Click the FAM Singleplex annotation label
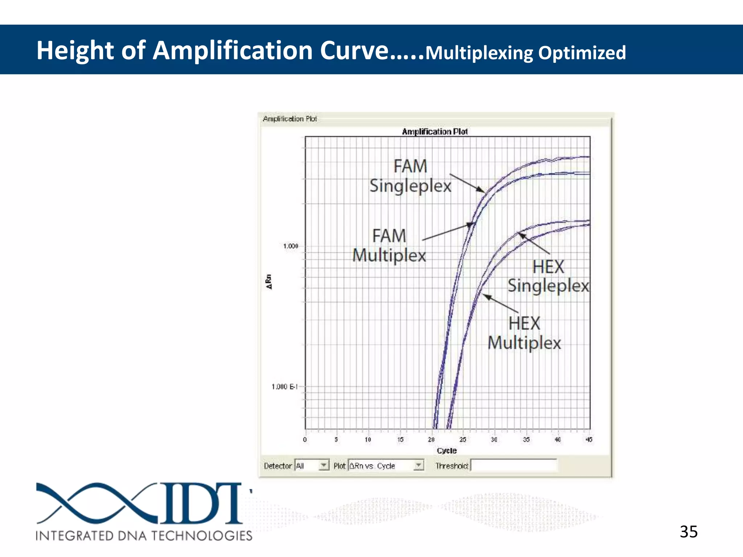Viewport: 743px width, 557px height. coord(410,176)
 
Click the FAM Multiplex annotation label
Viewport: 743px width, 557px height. coord(389,246)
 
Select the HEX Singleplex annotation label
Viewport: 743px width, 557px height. coord(548,276)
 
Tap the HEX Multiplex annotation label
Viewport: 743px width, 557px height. coord(524,333)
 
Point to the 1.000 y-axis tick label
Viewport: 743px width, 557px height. coord(290,246)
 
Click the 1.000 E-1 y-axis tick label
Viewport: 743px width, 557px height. coord(284,387)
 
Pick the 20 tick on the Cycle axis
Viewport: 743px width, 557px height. coord(431,440)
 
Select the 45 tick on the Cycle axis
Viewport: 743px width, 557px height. coord(589,440)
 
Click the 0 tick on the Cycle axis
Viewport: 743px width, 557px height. coord(305,440)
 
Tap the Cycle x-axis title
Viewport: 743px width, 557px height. coord(447,450)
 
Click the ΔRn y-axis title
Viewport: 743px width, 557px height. coord(269,282)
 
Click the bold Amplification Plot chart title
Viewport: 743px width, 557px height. coord(435,132)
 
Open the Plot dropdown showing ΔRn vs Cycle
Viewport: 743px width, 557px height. coord(418,465)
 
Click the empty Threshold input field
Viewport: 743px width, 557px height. coord(513,465)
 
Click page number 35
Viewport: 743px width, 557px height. coord(688,532)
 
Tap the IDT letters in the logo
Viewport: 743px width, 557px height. coord(201,503)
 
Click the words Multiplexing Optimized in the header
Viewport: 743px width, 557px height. coord(525,53)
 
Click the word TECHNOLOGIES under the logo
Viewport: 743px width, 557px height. coord(202,536)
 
